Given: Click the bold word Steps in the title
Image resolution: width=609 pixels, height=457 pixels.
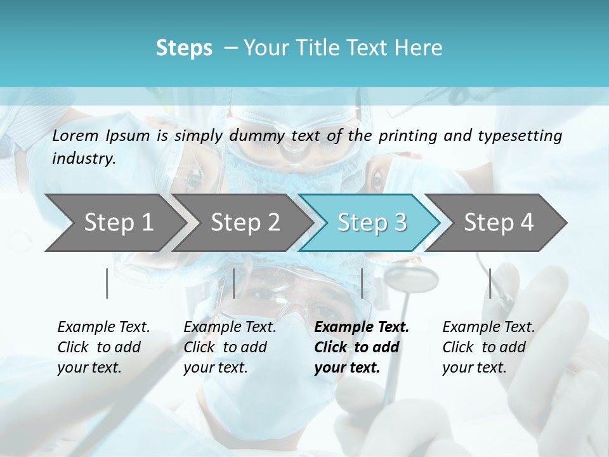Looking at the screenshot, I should [184, 48].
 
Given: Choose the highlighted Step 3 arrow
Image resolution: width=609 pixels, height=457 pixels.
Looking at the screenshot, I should [372, 222].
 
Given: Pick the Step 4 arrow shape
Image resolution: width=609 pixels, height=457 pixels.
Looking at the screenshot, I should [499, 222].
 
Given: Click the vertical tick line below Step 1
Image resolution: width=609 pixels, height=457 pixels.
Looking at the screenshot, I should [107, 283].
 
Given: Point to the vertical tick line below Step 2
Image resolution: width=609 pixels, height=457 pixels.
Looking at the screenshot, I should [234, 283].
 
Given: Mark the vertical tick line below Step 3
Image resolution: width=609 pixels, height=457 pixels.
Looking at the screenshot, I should [362, 283].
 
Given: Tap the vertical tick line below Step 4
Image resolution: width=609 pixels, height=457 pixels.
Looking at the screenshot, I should [490, 283].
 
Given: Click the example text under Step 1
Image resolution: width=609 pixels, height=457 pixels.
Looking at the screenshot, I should [103, 347].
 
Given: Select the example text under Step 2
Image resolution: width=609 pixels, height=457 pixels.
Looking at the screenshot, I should [230, 347].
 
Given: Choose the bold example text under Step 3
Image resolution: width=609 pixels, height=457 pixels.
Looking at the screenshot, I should [362, 347].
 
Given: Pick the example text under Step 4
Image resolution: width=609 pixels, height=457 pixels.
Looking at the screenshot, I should [488, 347].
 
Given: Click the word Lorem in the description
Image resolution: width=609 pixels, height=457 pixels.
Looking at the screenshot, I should [75, 135].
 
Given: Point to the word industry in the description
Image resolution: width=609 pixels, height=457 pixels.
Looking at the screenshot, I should [84, 159].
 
